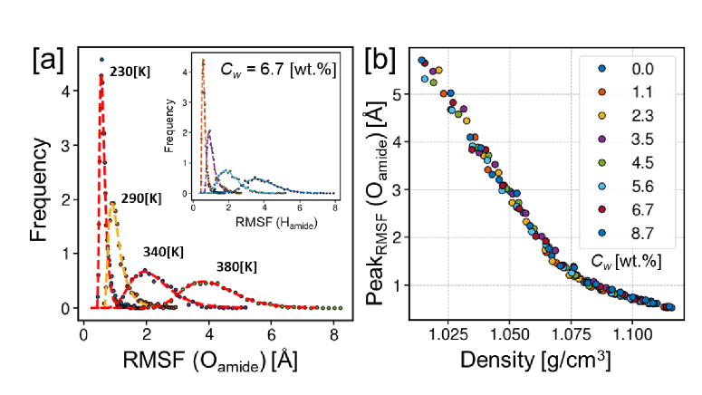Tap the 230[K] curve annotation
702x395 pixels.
pyautogui.click(x=129, y=71)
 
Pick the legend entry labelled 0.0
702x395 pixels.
pyautogui.click(x=641, y=68)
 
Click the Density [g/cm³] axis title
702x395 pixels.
pyautogui.click(x=534, y=361)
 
